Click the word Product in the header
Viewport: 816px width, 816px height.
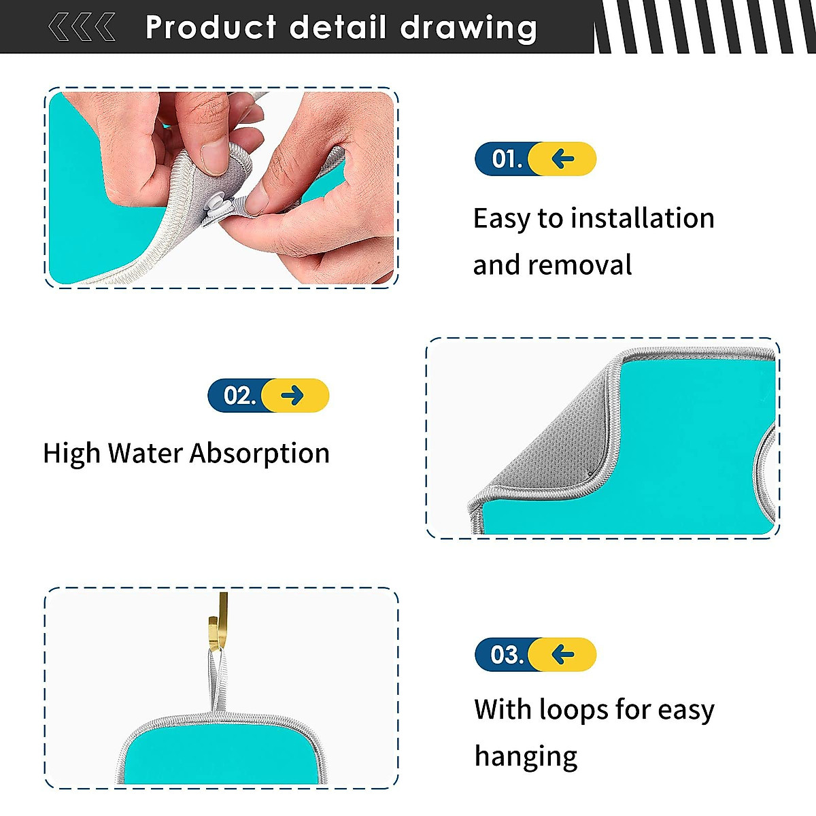(211, 29)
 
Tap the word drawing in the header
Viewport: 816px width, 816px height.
(469, 29)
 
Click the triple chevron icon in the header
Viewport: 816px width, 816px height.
(82, 28)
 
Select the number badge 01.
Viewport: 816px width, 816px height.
(507, 159)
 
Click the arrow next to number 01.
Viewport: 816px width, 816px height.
(563, 159)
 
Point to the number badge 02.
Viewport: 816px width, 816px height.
(239, 395)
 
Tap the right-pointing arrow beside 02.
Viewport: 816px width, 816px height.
(292, 395)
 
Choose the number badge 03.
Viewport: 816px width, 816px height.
(507, 654)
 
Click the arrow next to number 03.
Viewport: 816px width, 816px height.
(563, 654)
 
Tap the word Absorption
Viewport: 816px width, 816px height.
(260, 453)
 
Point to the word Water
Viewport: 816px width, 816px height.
(145, 453)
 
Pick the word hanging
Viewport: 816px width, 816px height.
(526, 756)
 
